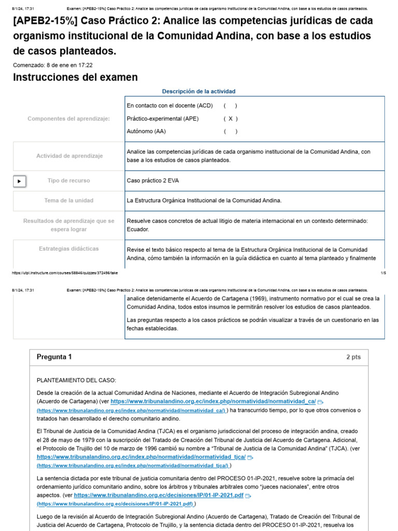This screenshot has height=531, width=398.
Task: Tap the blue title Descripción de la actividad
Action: [x=198, y=91]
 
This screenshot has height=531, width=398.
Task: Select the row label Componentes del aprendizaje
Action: [x=69, y=119]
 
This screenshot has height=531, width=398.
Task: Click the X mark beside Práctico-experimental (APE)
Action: [x=230, y=119]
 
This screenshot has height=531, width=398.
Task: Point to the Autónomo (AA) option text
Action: [x=146, y=132]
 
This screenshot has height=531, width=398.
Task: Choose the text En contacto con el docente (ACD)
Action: [x=169, y=106]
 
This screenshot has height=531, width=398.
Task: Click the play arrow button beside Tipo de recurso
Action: [x=19, y=181]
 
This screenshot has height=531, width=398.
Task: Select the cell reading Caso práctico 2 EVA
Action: [x=152, y=181]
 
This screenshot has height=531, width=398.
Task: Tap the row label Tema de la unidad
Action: [x=69, y=200]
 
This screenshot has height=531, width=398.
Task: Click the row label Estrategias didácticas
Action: [x=69, y=249]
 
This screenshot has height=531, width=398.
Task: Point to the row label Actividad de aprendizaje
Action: [x=69, y=156]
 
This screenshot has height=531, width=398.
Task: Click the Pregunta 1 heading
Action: [x=54, y=357]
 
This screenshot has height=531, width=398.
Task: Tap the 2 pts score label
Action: [x=353, y=357]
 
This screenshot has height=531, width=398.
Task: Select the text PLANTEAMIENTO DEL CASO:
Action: [x=77, y=381]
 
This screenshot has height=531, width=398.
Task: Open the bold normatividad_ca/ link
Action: [x=213, y=401]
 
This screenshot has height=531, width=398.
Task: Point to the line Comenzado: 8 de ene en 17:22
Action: [x=52, y=65]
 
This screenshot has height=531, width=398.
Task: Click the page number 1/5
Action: [x=383, y=272]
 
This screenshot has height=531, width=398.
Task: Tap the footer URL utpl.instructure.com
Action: [x=65, y=272]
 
